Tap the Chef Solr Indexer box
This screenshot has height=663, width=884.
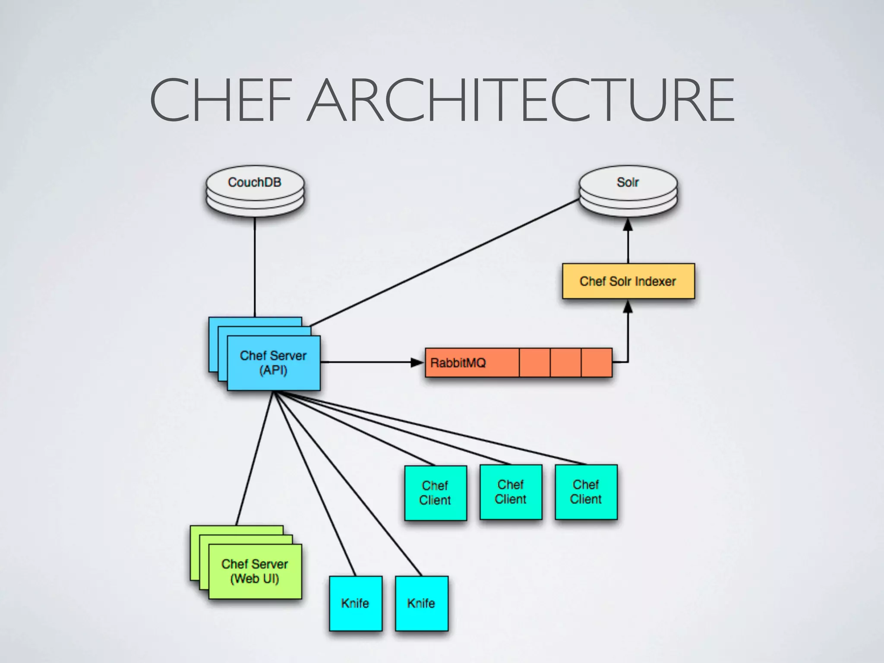tap(628, 281)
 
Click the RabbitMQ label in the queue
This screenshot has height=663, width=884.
tap(458, 363)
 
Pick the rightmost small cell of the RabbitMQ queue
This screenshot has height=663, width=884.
tap(597, 363)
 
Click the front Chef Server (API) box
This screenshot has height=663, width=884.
tap(274, 363)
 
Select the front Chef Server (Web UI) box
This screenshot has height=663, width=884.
tap(255, 571)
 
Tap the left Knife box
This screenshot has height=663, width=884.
tap(355, 603)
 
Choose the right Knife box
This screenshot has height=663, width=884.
tap(421, 603)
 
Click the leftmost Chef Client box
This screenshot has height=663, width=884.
tap(435, 493)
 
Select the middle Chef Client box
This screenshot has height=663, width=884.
tap(511, 492)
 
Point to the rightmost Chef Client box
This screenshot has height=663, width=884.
tap(586, 492)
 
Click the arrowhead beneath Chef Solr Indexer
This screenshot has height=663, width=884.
tap(628, 307)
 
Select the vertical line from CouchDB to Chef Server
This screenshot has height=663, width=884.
tap(255, 268)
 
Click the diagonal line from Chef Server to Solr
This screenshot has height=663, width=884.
tap(445, 262)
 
